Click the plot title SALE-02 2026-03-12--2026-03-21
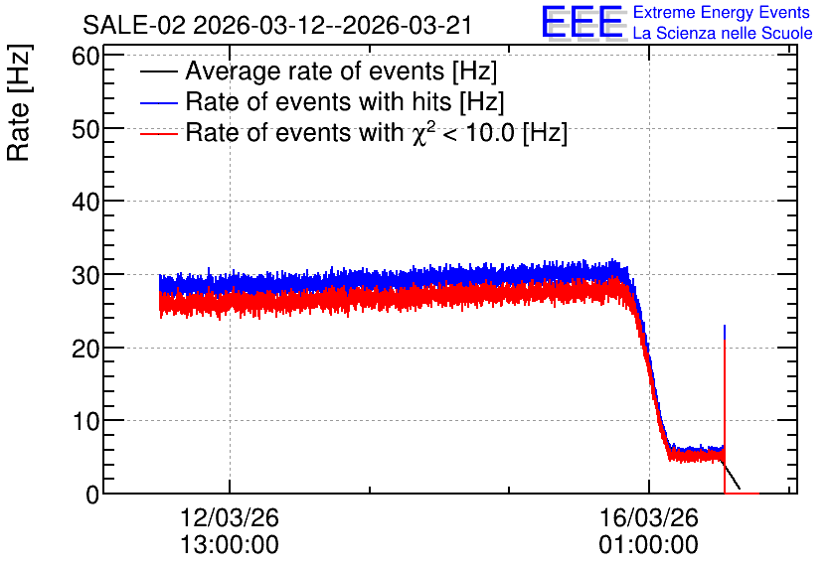pyautogui.click(x=277, y=26)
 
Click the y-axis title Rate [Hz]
pyautogui.click(x=19, y=102)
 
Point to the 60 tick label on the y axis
pyautogui.click(x=85, y=56)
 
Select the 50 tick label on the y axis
pyautogui.click(x=85, y=129)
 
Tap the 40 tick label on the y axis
pyautogui.click(x=85, y=202)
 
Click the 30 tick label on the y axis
pyautogui.click(x=85, y=275)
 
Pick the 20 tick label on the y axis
pyautogui.click(x=85, y=349)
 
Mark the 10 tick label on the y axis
pyautogui.click(x=85, y=421)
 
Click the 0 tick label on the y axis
pyautogui.click(x=92, y=495)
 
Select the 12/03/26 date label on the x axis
pyautogui.click(x=230, y=517)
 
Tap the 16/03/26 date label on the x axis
pyautogui.click(x=649, y=517)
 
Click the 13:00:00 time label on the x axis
pyautogui.click(x=230, y=545)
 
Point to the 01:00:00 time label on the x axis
pyautogui.click(x=649, y=545)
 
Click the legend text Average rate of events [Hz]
pyautogui.click(x=341, y=71)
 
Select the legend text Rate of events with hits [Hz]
pyautogui.click(x=345, y=101)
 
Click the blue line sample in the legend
pyautogui.click(x=158, y=102)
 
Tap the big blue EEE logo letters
pyautogui.click(x=582, y=23)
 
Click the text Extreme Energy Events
pyautogui.click(x=722, y=12)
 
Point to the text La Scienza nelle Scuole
pyautogui.click(x=723, y=34)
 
